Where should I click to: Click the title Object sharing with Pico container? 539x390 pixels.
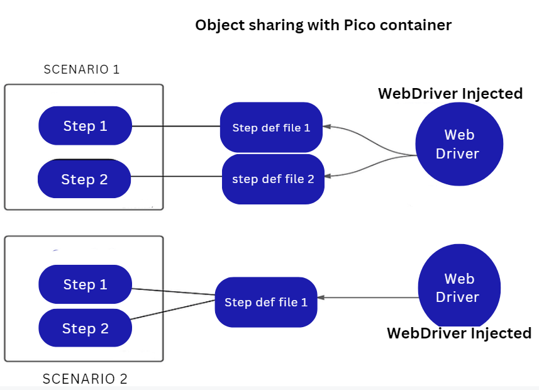323,26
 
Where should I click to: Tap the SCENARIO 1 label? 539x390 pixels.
82,69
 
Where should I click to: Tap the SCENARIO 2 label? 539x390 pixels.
85,379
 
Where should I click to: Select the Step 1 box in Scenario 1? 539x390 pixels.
86,126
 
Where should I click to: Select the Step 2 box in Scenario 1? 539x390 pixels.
84,179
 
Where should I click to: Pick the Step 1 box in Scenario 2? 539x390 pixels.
86,284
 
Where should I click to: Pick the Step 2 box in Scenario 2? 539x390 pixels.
85,328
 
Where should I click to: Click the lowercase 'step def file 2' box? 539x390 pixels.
273,179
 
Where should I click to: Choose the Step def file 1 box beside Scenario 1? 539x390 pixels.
271,128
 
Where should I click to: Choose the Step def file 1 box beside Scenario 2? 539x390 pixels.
266,302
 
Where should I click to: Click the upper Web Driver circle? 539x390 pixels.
459,144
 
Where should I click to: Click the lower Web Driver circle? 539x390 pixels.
459,288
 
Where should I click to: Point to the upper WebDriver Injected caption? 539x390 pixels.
450,94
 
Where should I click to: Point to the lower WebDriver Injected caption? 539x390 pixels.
459,333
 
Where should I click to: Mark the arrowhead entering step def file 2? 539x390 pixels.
328,177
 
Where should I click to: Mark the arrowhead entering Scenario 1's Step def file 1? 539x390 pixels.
327,126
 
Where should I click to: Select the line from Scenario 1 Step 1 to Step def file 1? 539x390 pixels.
176,126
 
